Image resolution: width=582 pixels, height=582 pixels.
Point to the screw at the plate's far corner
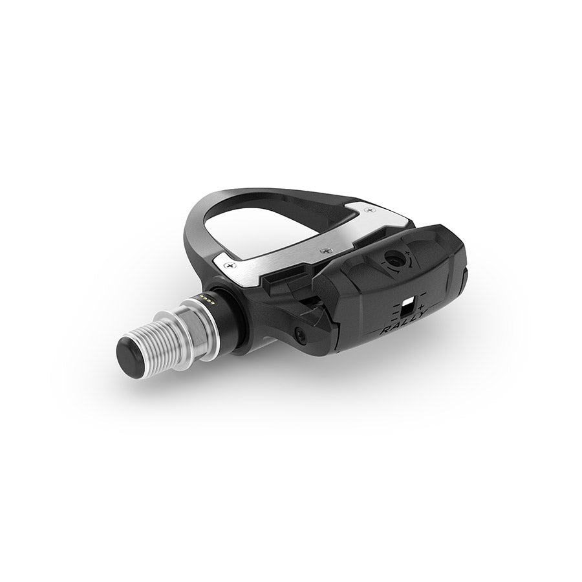tap(369, 210)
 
